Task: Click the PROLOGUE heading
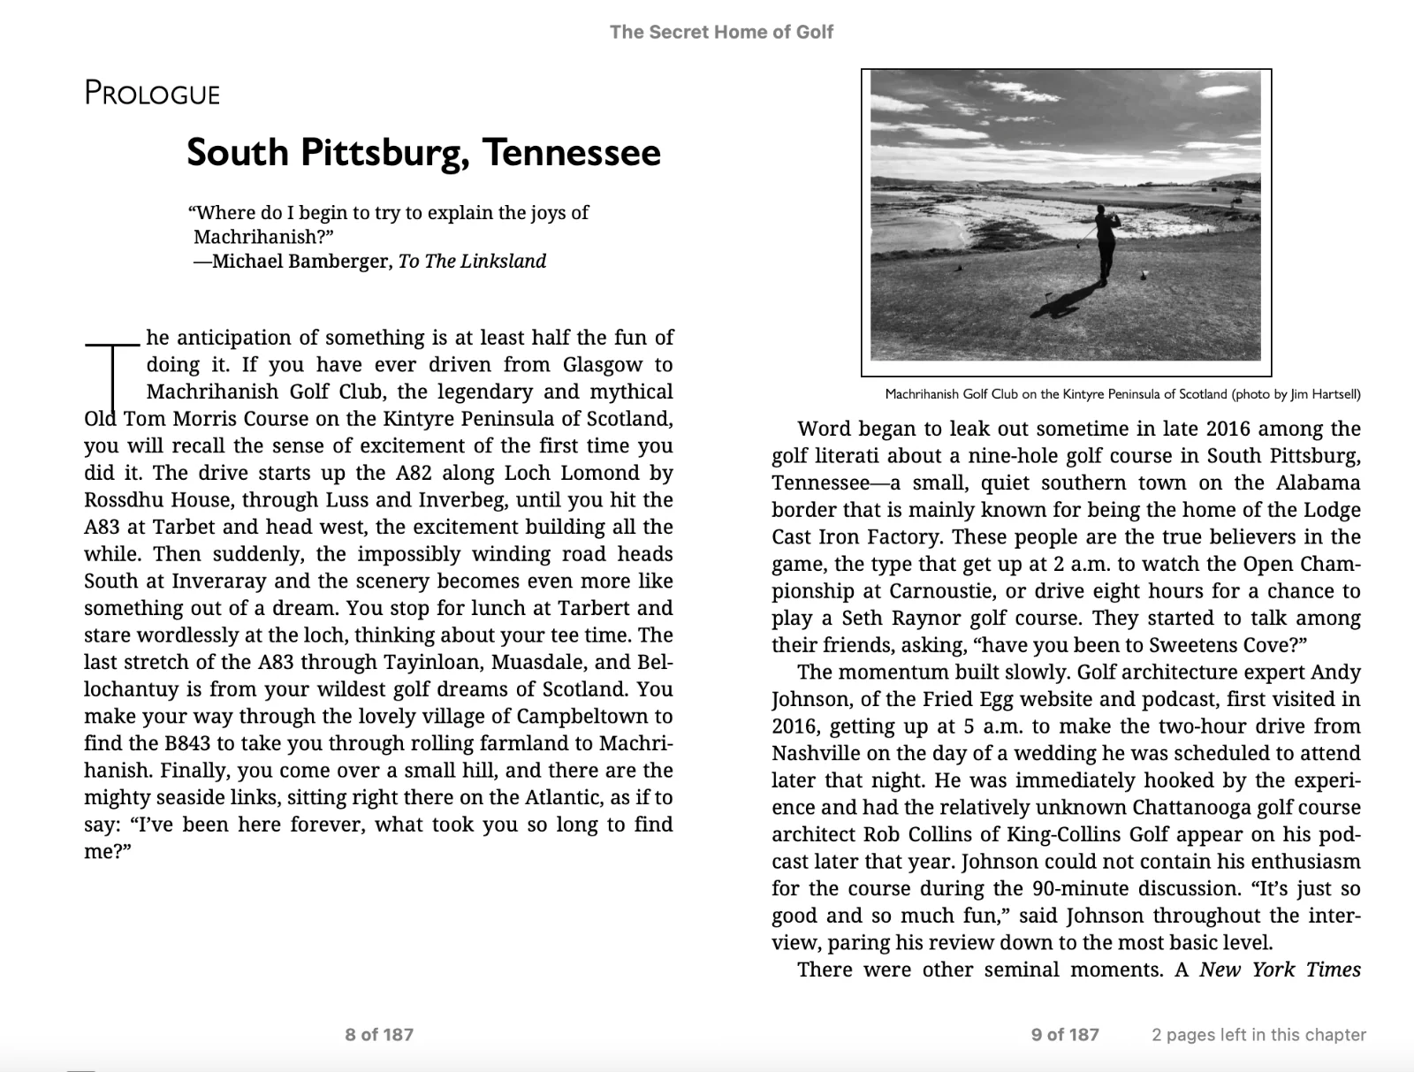(x=152, y=93)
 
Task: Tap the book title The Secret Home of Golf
(x=721, y=33)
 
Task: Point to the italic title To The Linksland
(x=472, y=262)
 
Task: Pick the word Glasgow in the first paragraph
(x=602, y=365)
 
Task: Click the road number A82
(x=407, y=473)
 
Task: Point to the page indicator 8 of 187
(x=379, y=1034)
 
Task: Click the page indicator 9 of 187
(x=1065, y=1034)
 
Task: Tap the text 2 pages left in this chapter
(x=1258, y=1034)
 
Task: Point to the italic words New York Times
(x=1279, y=970)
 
